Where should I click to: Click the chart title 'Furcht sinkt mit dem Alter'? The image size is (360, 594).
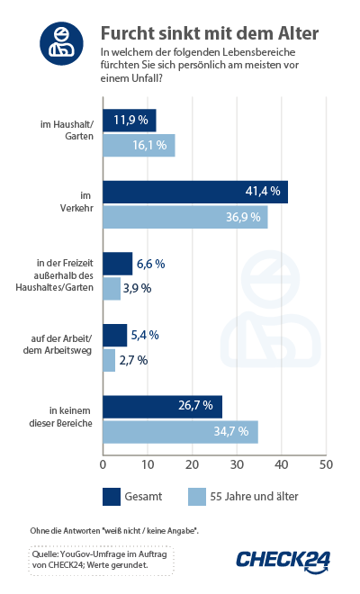(x=209, y=34)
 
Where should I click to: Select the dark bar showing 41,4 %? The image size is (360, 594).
(x=195, y=192)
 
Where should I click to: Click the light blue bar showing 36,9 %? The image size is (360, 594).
(x=185, y=217)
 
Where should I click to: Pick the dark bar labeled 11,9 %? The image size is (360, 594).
(x=130, y=121)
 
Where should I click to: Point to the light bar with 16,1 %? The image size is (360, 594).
(x=139, y=146)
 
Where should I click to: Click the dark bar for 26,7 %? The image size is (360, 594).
(x=162, y=406)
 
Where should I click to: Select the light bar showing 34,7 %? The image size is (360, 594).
(x=180, y=432)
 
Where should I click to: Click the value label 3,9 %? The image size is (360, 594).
(x=136, y=289)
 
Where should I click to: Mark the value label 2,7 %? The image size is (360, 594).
(x=131, y=360)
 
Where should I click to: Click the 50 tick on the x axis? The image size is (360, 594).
(x=326, y=464)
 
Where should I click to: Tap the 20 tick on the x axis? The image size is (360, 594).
(x=192, y=464)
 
